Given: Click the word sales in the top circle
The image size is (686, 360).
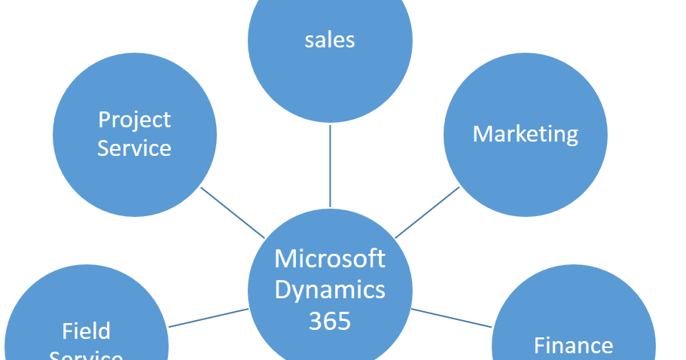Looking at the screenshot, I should [330, 39].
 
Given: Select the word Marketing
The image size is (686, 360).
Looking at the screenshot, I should [526, 134].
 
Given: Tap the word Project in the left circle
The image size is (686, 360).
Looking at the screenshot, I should [135, 120].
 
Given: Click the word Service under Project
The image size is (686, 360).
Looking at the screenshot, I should [135, 148].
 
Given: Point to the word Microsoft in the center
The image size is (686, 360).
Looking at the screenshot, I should [330, 258].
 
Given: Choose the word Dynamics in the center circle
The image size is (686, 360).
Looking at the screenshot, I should [330, 289].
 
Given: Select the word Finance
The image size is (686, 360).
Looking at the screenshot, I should [573, 346].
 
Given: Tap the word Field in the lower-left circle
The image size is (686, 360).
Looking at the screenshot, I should [86, 331].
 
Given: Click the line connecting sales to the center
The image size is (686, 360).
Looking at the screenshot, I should [330, 166].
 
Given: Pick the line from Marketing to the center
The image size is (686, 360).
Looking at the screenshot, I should [427, 212].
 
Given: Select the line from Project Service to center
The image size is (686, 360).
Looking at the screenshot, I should [233, 212].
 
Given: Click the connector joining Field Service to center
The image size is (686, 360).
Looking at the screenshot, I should [209, 318].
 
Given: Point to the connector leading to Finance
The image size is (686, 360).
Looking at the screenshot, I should [452, 318].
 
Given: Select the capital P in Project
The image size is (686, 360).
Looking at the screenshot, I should [105, 120].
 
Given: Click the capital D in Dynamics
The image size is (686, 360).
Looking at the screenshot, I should [282, 289].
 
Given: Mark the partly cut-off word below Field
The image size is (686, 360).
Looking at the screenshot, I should [86, 355].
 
